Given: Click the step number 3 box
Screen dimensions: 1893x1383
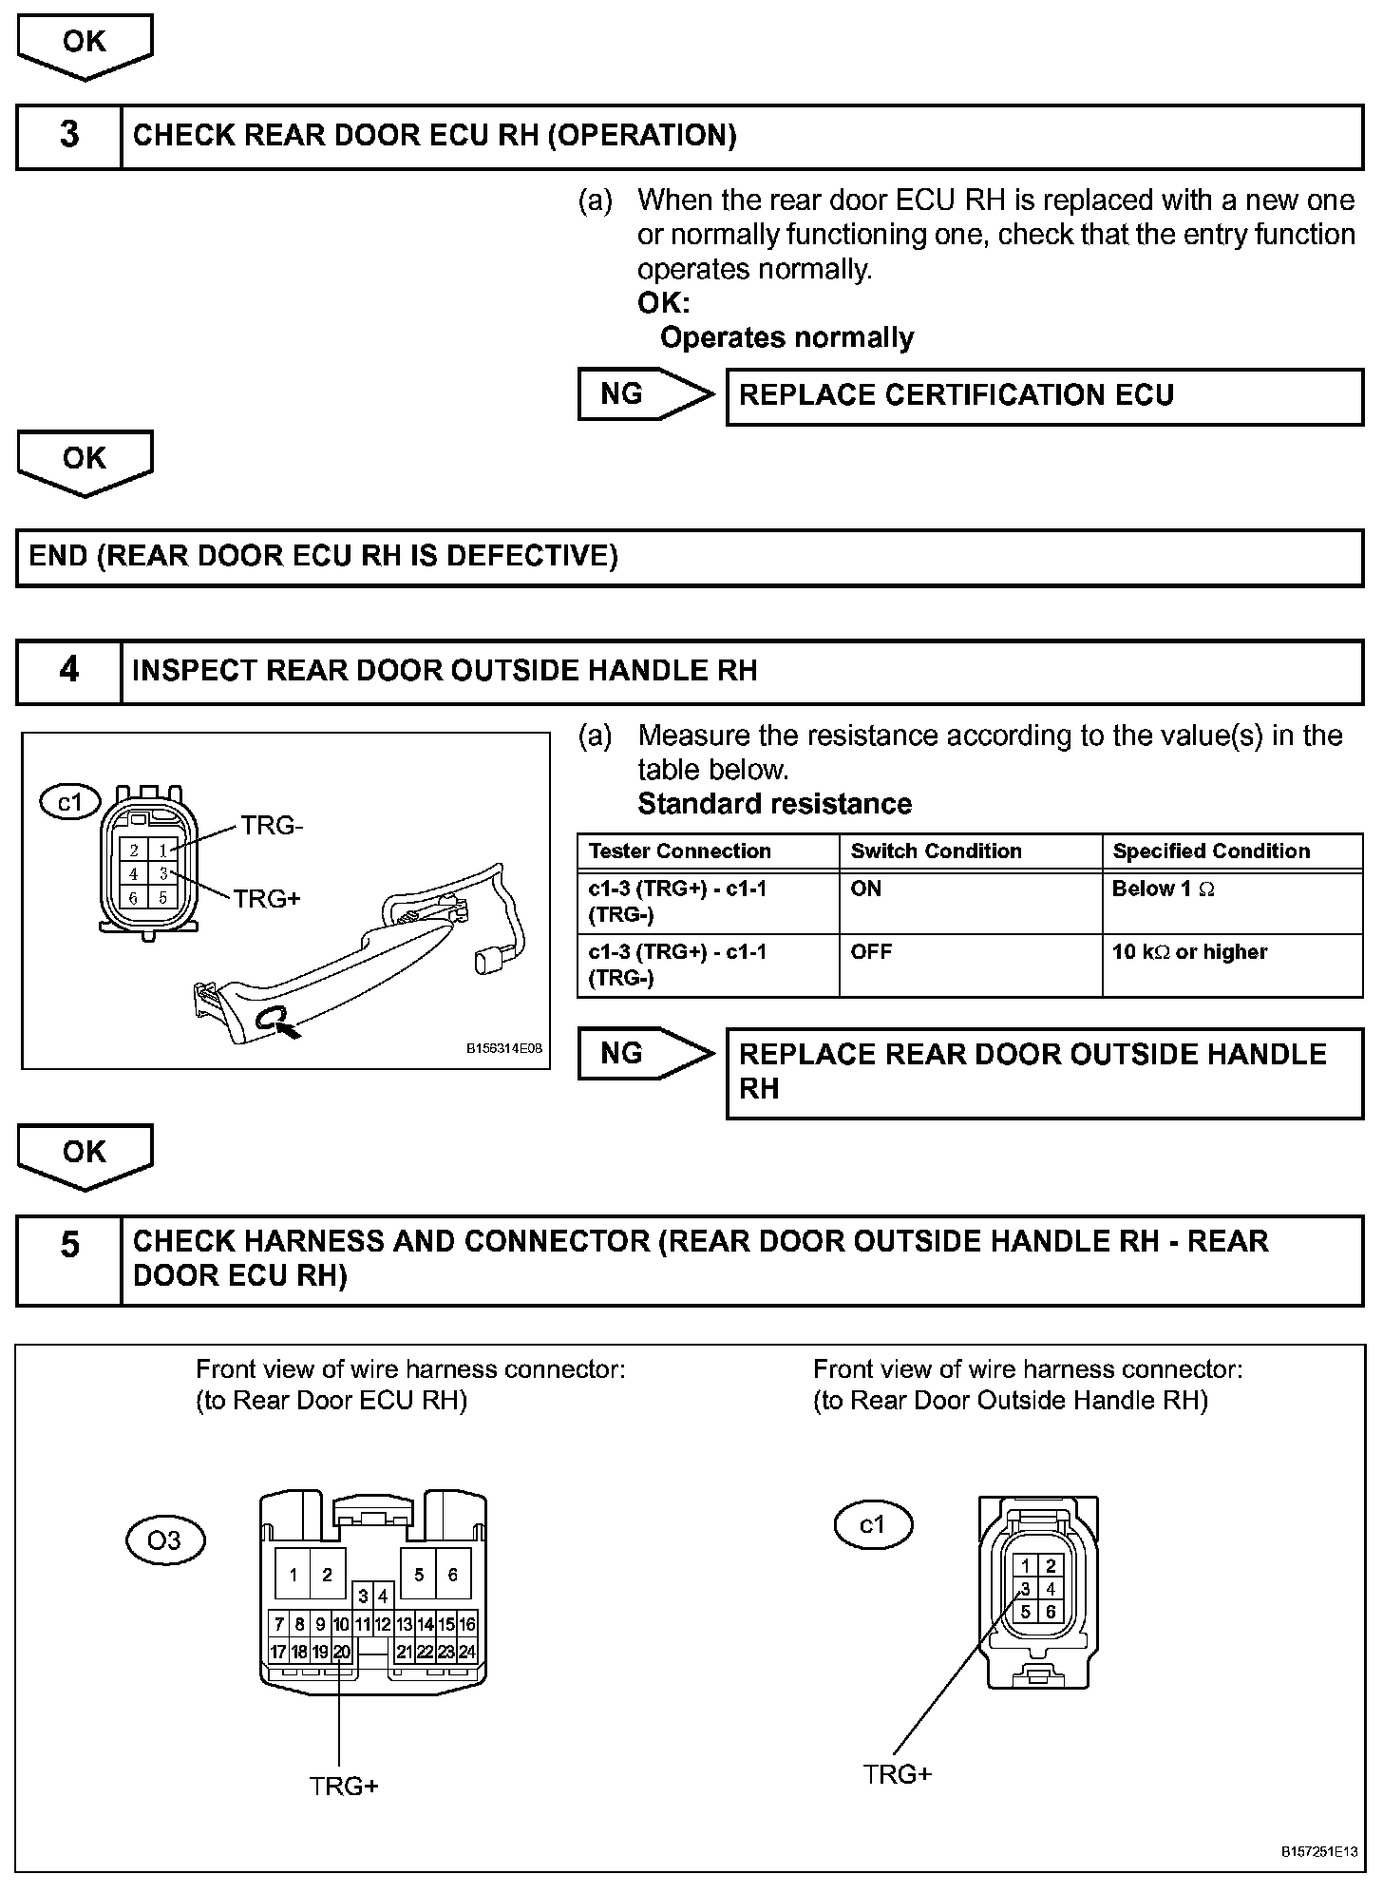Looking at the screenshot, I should click(69, 136).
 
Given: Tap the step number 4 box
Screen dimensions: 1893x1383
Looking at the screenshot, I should click(69, 671).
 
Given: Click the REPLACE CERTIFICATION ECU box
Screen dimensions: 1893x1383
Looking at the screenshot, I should click(1044, 395).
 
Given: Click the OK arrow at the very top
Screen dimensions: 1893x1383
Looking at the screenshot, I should click(85, 46).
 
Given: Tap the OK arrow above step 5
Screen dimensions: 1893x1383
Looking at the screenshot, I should click(85, 1155).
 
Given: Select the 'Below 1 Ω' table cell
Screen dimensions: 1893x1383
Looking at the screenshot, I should click(1231, 901).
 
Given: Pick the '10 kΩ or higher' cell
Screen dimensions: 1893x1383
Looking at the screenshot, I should click(1231, 964).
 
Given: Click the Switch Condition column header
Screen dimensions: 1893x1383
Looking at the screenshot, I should click(969, 851).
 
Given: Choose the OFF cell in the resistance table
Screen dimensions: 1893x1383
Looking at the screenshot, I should click(969, 964).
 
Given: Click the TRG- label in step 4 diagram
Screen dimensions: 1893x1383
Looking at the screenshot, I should click(272, 826).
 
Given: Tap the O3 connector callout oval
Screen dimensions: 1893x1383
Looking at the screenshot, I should click(165, 1539).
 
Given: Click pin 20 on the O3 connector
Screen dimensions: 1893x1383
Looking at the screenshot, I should click(342, 1653).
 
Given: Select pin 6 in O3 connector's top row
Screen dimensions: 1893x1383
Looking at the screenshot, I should click(452, 1575).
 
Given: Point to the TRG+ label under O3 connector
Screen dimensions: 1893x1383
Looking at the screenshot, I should click(344, 1787).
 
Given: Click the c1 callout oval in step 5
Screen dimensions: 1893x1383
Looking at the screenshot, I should click(872, 1525).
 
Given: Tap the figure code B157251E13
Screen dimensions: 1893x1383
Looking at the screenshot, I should click(1319, 1851).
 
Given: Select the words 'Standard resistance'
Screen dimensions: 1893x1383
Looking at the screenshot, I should click(774, 804).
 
